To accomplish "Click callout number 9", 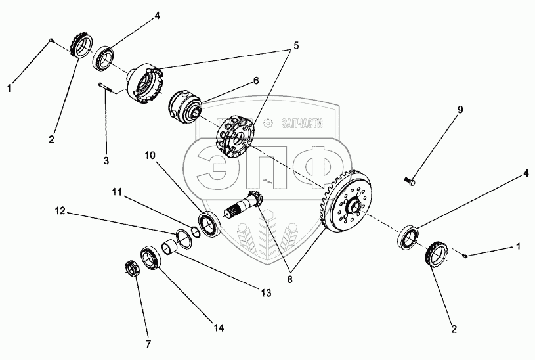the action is click(460, 110).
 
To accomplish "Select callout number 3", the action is click(106, 160).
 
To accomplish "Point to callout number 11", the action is click(117, 192).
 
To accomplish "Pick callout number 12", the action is click(60, 211).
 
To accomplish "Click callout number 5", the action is click(295, 45).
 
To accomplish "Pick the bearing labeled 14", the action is click(150, 257).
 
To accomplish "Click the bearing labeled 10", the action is click(209, 223).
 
